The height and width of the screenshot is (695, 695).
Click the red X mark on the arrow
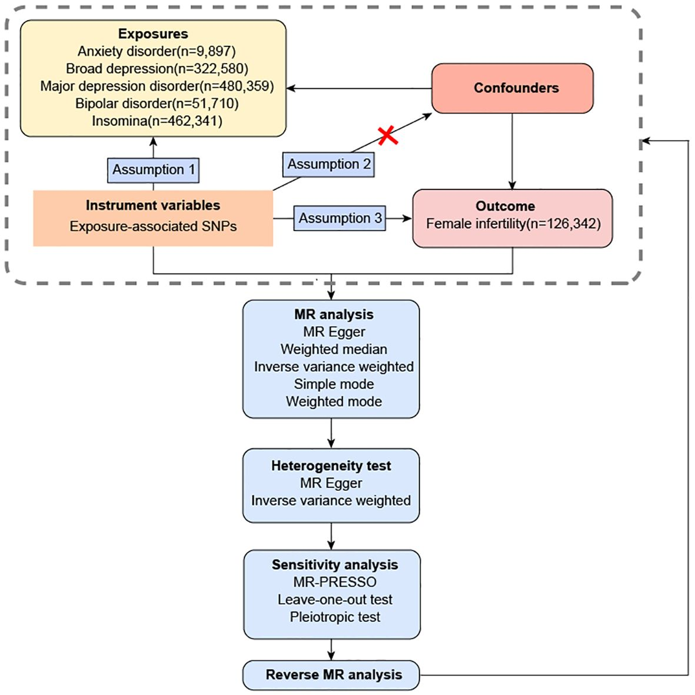click(x=388, y=135)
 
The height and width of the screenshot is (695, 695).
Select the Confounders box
click(x=513, y=88)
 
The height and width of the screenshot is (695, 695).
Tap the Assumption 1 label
click(x=154, y=170)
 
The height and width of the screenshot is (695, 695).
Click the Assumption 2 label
click(x=329, y=165)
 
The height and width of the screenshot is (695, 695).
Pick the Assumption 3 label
click(x=340, y=218)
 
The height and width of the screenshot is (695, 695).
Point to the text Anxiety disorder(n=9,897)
click(x=157, y=51)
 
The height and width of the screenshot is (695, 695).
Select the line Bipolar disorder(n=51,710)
click(x=157, y=104)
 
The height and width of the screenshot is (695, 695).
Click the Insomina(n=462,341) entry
click(x=157, y=121)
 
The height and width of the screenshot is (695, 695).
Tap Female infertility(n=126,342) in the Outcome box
click(x=513, y=224)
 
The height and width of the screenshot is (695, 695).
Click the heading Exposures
click(x=153, y=34)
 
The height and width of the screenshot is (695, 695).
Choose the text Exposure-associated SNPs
click(x=153, y=226)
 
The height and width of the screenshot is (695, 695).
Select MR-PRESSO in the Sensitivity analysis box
click(x=334, y=582)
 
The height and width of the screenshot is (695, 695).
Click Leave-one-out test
click(x=335, y=600)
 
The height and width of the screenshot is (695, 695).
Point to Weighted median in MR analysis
click(x=334, y=349)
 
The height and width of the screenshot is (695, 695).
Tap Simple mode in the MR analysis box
click(x=334, y=384)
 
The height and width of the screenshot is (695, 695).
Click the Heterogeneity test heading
click(x=331, y=466)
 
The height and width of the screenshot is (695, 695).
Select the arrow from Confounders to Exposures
click(x=359, y=88)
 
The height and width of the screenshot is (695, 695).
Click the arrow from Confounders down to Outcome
click(x=513, y=151)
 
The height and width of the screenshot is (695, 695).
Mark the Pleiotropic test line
click(x=335, y=617)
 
